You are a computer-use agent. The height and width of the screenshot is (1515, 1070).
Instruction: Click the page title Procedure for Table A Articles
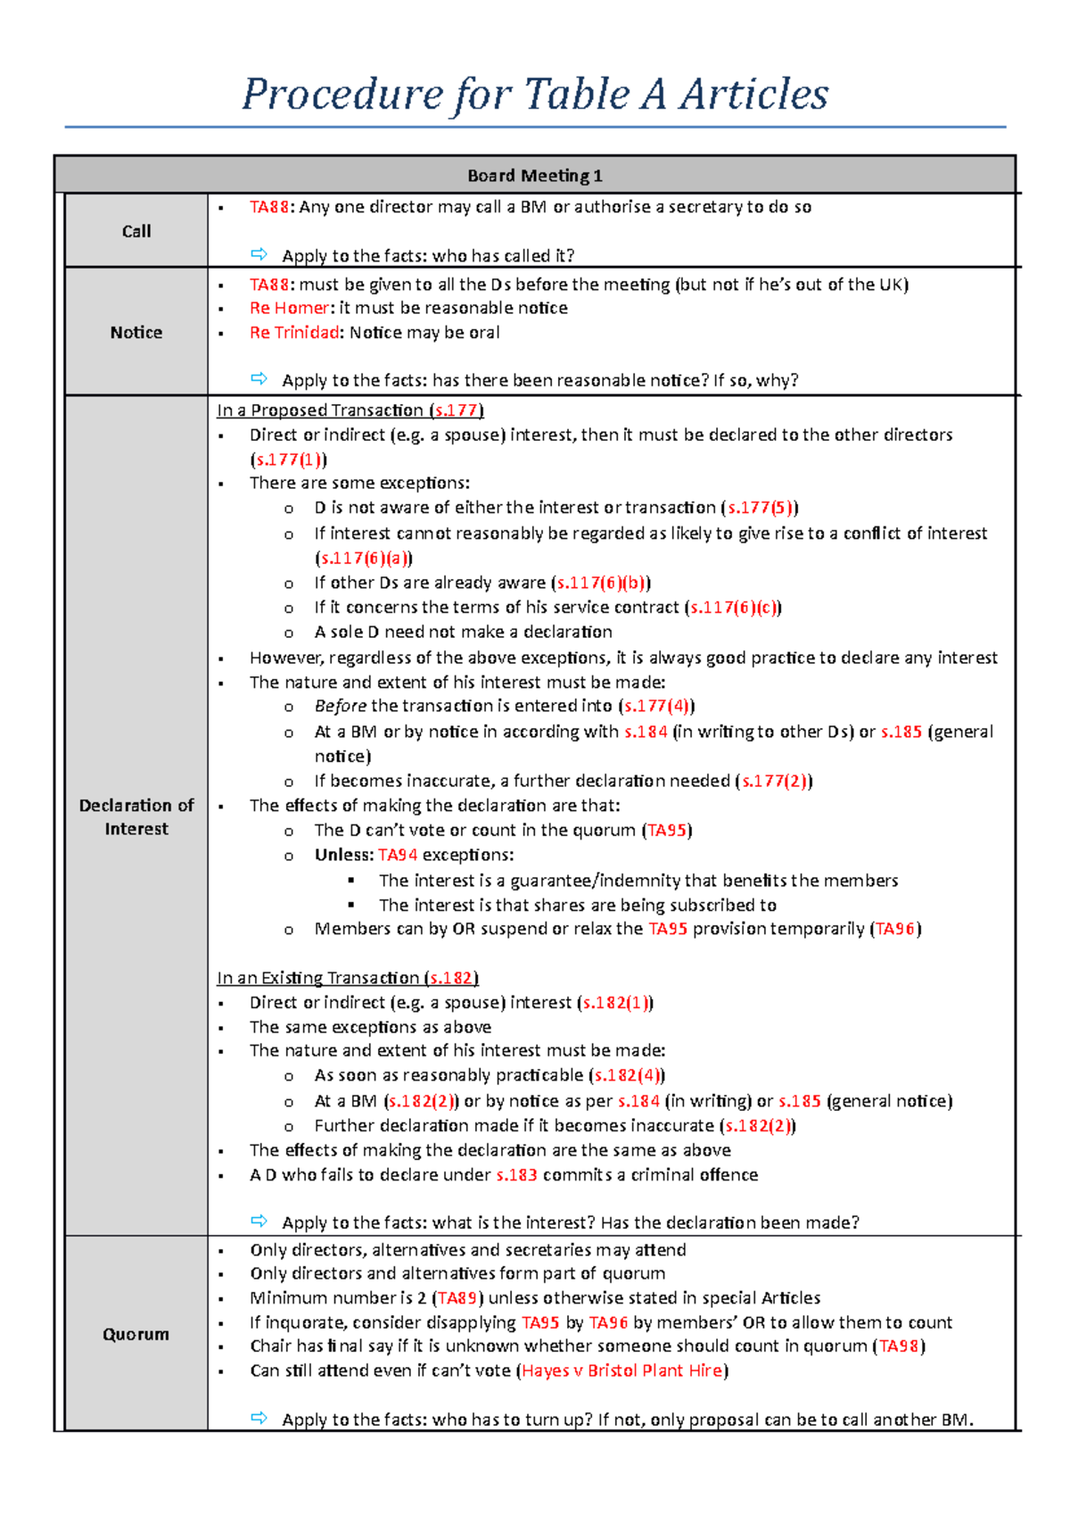coord(535,95)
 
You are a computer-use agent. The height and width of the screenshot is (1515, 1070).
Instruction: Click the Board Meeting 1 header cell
coord(535,176)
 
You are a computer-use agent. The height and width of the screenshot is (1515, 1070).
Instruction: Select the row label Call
coord(136,231)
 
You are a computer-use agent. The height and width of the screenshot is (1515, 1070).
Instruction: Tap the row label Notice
coord(136,332)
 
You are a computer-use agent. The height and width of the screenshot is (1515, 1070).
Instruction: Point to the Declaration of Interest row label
coord(136,816)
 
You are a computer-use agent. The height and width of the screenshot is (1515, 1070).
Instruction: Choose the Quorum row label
coord(136,1334)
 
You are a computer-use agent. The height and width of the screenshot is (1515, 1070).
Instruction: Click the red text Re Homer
coord(289,308)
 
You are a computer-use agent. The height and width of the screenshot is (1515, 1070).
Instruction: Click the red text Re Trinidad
coord(294,333)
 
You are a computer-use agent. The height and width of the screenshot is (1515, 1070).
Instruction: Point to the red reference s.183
coord(516,1175)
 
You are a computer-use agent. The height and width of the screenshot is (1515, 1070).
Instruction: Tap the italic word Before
coord(340,706)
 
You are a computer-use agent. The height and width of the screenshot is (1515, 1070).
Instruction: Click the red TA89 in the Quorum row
coord(457,1298)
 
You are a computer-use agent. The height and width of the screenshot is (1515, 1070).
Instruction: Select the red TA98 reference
coord(899,1346)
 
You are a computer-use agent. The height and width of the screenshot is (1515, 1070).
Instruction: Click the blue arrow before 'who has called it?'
coord(259,254)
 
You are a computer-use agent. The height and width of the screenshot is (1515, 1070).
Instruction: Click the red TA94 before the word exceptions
coord(398,855)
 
